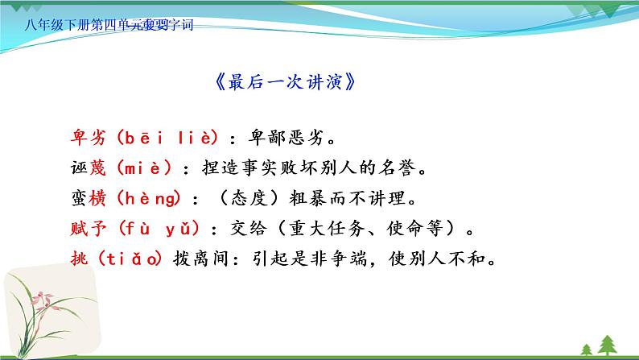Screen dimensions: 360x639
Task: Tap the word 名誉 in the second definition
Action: tap(401, 168)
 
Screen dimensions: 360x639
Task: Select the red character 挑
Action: tap(74, 259)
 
